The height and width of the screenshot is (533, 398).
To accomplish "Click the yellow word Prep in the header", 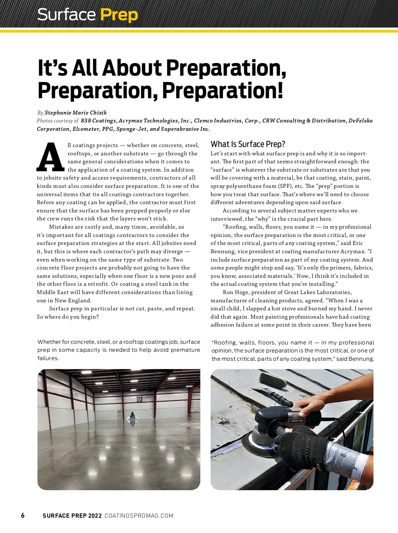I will (119, 15).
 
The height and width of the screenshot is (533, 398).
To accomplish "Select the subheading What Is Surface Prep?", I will (248, 144).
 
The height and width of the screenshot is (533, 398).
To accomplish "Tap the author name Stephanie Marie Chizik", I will (76, 113).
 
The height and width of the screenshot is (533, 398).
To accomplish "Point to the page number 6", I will (23, 515).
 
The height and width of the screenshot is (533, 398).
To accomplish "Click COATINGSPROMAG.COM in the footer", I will (139, 516).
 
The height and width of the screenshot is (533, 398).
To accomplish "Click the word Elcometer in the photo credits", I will (86, 129).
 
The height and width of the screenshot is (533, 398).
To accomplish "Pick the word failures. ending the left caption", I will (48, 358).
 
